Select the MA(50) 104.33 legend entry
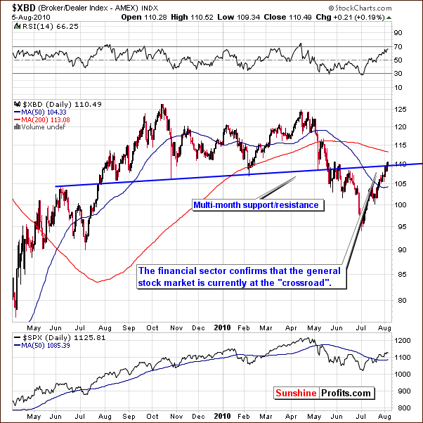point(39,112)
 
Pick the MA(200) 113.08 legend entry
point(41,119)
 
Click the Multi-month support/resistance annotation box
point(256,205)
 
